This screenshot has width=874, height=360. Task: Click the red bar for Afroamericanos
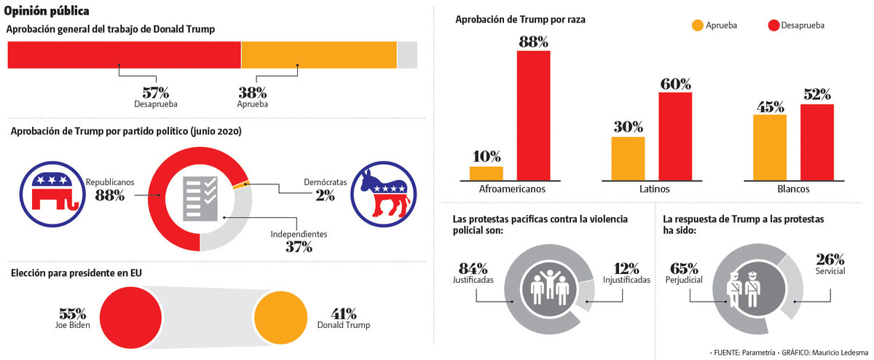point(533,115)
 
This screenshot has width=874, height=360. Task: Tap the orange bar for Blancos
point(769,147)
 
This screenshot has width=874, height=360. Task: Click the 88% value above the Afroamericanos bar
point(533,42)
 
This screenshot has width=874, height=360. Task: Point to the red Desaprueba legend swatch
point(773,26)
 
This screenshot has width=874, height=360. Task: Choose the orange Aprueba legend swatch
point(697,26)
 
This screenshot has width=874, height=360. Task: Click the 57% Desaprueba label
point(155,93)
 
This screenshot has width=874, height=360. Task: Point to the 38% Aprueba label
point(253,93)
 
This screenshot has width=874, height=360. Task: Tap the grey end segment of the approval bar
point(407,55)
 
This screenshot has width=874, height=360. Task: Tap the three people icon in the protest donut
point(549,286)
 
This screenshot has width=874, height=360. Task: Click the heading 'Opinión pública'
point(47,11)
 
